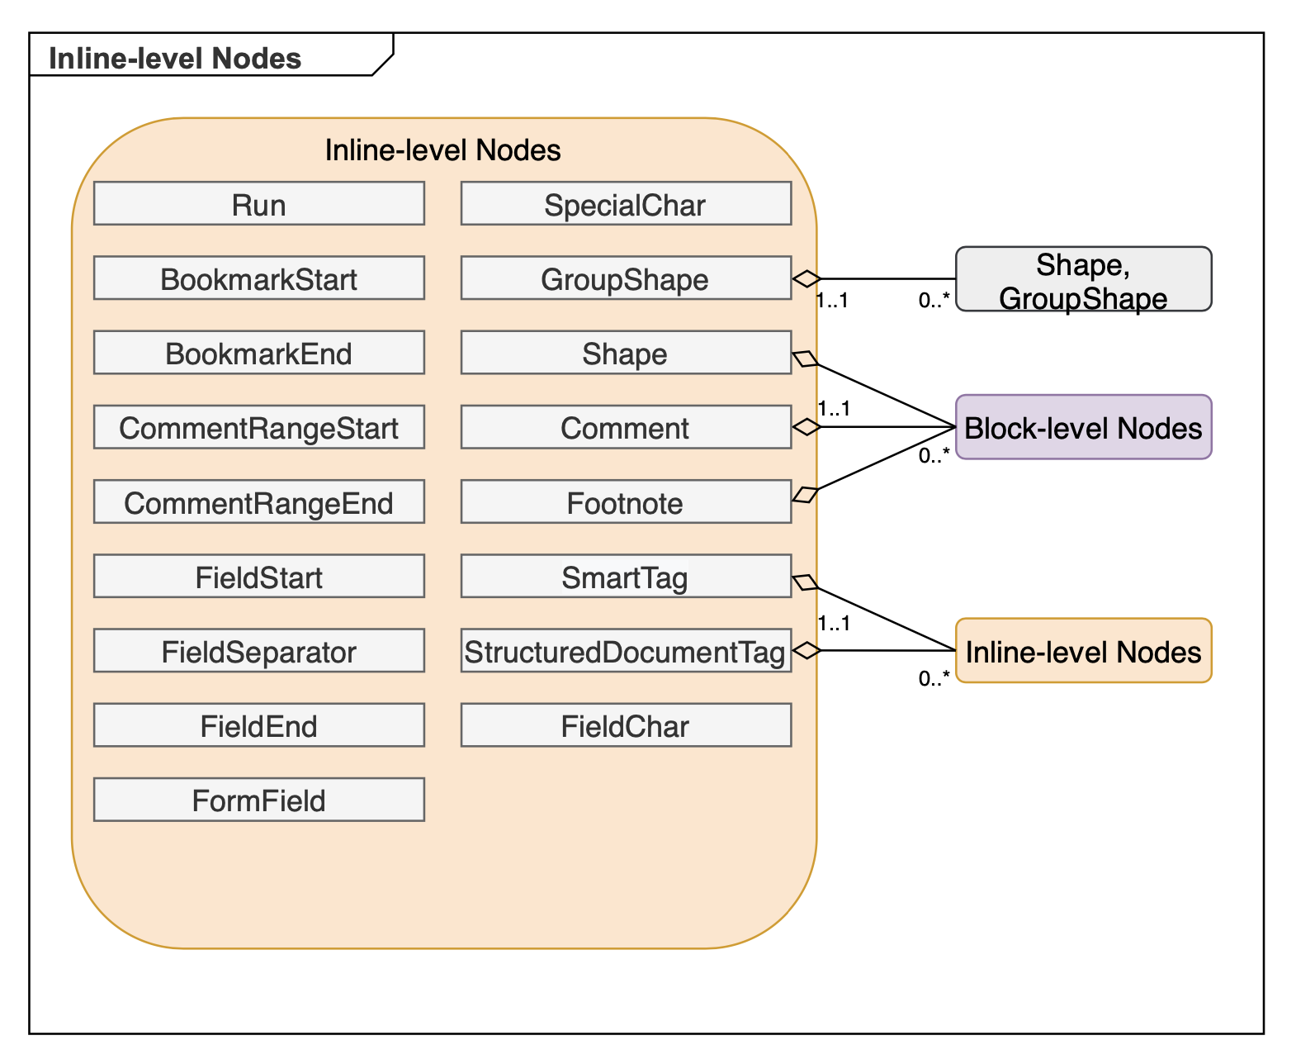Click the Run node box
(x=258, y=204)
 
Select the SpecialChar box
(x=625, y=204)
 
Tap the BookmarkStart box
(x=258, y=278)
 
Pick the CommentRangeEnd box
(x=258, y=502)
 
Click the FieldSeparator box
(x=258, y=651)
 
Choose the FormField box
(x=258, y=800)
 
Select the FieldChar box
(x=625, y=725)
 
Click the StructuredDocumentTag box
(x=625, y=651)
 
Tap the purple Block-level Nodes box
(x=1082, y=427)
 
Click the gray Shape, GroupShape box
(x=1082, y=279)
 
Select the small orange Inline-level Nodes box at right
(x=1082, y=651)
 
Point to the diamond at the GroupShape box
(x=806, y=279)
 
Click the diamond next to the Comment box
(x=806, y=427)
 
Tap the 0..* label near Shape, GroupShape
(x=934, y=301)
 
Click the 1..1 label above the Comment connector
(x=834, y=409)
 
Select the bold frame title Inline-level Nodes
(x=175, y=59)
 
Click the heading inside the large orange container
(x=442, y=150)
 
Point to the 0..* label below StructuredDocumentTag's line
(x=934, y=679)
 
